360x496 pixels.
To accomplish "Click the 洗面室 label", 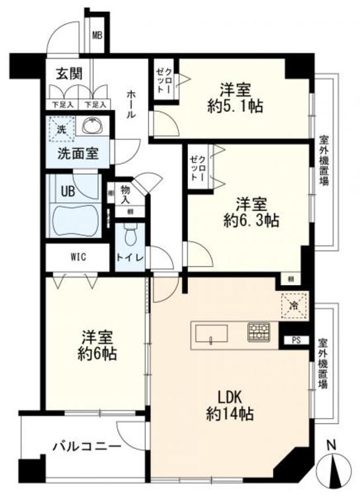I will pos(77,154).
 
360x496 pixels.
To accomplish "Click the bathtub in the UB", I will pos(73,219).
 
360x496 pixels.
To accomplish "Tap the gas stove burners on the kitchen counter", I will pos(258,332).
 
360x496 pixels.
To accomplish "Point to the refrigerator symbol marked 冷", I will pos(291,306).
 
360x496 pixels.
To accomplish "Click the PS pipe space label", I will pos(295,340).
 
